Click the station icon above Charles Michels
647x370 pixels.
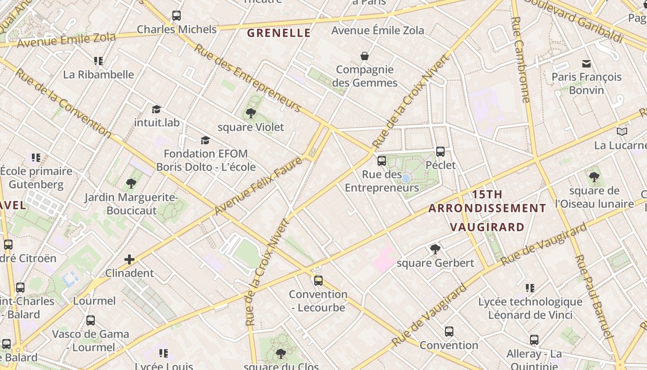(177, 16)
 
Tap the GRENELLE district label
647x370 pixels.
(279, 33)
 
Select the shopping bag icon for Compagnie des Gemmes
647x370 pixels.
(365, 56)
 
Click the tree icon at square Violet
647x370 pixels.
(251, 113)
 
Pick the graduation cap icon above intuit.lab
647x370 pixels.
(156, 109)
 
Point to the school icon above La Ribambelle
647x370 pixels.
(98, 61)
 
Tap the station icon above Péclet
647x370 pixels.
(440, 152)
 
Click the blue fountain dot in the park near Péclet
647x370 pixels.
(406, 179)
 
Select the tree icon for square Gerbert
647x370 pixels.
(435, 249)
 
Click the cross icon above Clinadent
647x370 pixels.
(129, 259)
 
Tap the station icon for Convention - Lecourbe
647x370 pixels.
(318, 280)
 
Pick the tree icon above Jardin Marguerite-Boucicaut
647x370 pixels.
(131, 184)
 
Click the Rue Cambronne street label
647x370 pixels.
(521, 60)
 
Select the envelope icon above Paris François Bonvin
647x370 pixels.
(586, 63)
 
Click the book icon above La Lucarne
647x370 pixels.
(622, 132)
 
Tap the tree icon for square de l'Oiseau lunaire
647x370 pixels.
(594, 177)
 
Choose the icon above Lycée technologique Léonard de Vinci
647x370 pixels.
(530, 288)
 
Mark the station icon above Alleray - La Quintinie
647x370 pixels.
(534, 340)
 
